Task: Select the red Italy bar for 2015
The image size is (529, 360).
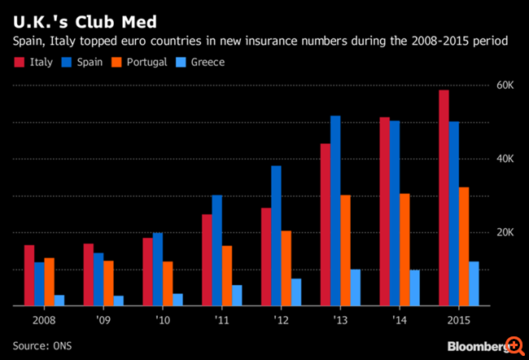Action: [444, 198]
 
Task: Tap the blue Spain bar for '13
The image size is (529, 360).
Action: [335, 210]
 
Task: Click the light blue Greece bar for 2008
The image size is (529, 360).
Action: [59, 300]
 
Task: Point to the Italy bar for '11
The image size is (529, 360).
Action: [207, 260]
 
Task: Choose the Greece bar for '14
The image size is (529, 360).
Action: [415, 288]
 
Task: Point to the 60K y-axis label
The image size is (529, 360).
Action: [505, 85]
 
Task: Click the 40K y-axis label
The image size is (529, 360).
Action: [505, 159]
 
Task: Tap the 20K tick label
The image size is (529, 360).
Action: [505, 232]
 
